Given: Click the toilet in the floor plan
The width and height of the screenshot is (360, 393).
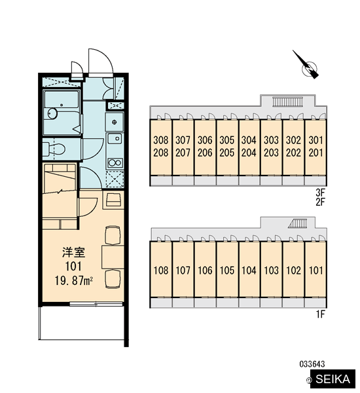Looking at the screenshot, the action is point(54,149).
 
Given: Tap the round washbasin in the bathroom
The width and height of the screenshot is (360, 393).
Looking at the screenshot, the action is point(52,113).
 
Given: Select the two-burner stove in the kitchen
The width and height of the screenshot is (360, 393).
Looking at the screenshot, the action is point(115,163).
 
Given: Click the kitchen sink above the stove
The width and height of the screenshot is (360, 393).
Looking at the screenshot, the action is point(115,138).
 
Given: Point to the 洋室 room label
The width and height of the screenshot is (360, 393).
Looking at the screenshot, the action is point(74,252).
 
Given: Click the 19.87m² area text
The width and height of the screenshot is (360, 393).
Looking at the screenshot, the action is point(74,281).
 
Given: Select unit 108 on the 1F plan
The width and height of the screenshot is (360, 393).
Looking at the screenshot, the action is point(161,269).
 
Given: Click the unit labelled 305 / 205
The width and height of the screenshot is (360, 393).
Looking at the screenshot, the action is point(227,147).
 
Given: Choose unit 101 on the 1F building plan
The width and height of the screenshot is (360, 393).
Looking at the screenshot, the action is point(315,269).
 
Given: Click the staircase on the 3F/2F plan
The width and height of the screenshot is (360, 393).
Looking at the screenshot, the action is point(287,102).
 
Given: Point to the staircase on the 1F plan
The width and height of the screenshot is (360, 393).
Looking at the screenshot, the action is point(297,223).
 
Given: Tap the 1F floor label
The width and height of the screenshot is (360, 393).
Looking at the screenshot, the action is point(321,314).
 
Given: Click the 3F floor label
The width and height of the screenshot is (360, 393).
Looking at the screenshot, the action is point(320,193).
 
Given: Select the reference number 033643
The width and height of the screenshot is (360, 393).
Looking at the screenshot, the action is point(312,364).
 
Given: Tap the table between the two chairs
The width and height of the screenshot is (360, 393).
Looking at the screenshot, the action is point(113,257).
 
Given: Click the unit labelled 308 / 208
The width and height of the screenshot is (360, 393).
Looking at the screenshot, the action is point(161,147).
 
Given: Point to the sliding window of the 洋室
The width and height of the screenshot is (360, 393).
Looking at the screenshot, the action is point(96,305).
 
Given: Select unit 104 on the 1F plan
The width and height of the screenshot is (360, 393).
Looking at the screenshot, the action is point(249,269).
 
